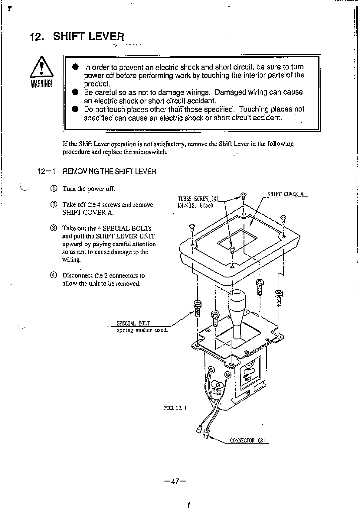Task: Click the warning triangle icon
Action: click(x=42, y=67)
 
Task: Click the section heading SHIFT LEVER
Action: click(x=89, y=37)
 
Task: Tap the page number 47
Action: click(x=175, y=481)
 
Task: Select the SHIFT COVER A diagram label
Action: click(x=285, y=194)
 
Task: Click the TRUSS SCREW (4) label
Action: click(x=198, y=199)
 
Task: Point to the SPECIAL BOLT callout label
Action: click(x=133, y=323)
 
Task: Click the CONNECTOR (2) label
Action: click(x=247, y=440)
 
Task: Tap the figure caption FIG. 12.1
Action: click(x=175, y=407)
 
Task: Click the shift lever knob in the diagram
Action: click(x=237, y=302)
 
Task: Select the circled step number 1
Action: click(x=54, y=189)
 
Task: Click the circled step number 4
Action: click(x=54, y=275)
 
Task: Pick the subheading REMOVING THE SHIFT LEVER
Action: click(x=109, y=172)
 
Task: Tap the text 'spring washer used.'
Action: click(x=142, y=330)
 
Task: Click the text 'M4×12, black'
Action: click(x=195, y=206)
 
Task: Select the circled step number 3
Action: click(x=54, y=228)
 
